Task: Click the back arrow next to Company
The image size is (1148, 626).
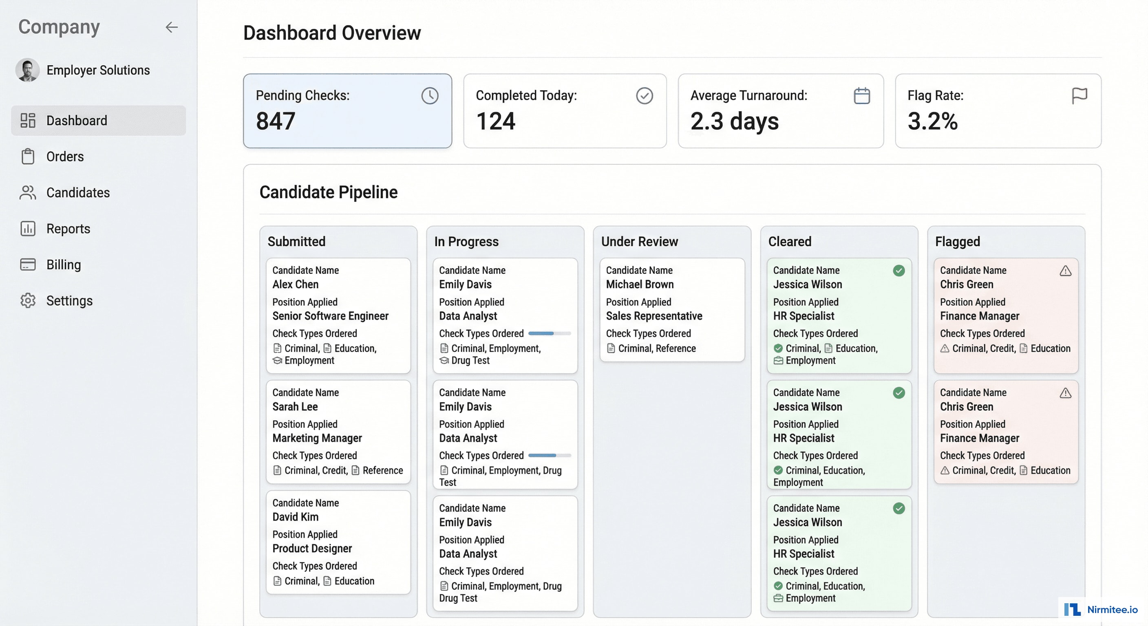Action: pyautogui.click(x=172, y=27)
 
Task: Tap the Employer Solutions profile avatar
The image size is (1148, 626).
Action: pyautogui.click(x=28, y=71)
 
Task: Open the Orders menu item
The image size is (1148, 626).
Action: pyautogui.click(x=65, y=157)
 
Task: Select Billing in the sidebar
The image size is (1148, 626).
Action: pyautogui.click(x=63, y=265)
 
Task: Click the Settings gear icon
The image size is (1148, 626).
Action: pyautogui.click(x=28, y=301)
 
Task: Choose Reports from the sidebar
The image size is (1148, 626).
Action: pyautogui.click(x=68, y=229)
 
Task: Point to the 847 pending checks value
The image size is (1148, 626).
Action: pyautogui.click(x=276, y=121)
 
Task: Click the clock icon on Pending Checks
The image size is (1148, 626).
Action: pyautogui.click(x=430, y=96)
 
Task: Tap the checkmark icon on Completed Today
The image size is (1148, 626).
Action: pyautogui.click(x=644, y=96)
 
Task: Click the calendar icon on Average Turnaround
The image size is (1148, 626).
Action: pyautogui.click(x=861, y=96)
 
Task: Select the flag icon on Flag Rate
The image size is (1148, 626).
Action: pyautogui.click(x=1079, y=96)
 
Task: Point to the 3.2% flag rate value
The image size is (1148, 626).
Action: pyautogui.click(x=932, y=121)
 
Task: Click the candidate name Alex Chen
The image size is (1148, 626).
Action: pyautogui.click(x=296, y=284)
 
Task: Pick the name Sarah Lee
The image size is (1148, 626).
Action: pyautogui.click(x=295, y=407)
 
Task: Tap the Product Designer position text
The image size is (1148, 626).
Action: pyautogui.click(x=312, y=549)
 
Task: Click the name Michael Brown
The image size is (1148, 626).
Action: pyautogui.click(x=640, y=284)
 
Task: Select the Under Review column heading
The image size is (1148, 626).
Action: pyautogui.click(x=640, y=242)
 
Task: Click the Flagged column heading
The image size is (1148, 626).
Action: pyautogui.click(x=957, y=242)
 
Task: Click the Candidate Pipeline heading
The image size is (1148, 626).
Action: pyautogui.click(x=329, y=192)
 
